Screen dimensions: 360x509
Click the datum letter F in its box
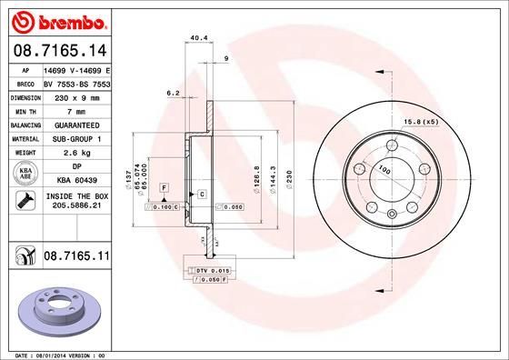(164, 187)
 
